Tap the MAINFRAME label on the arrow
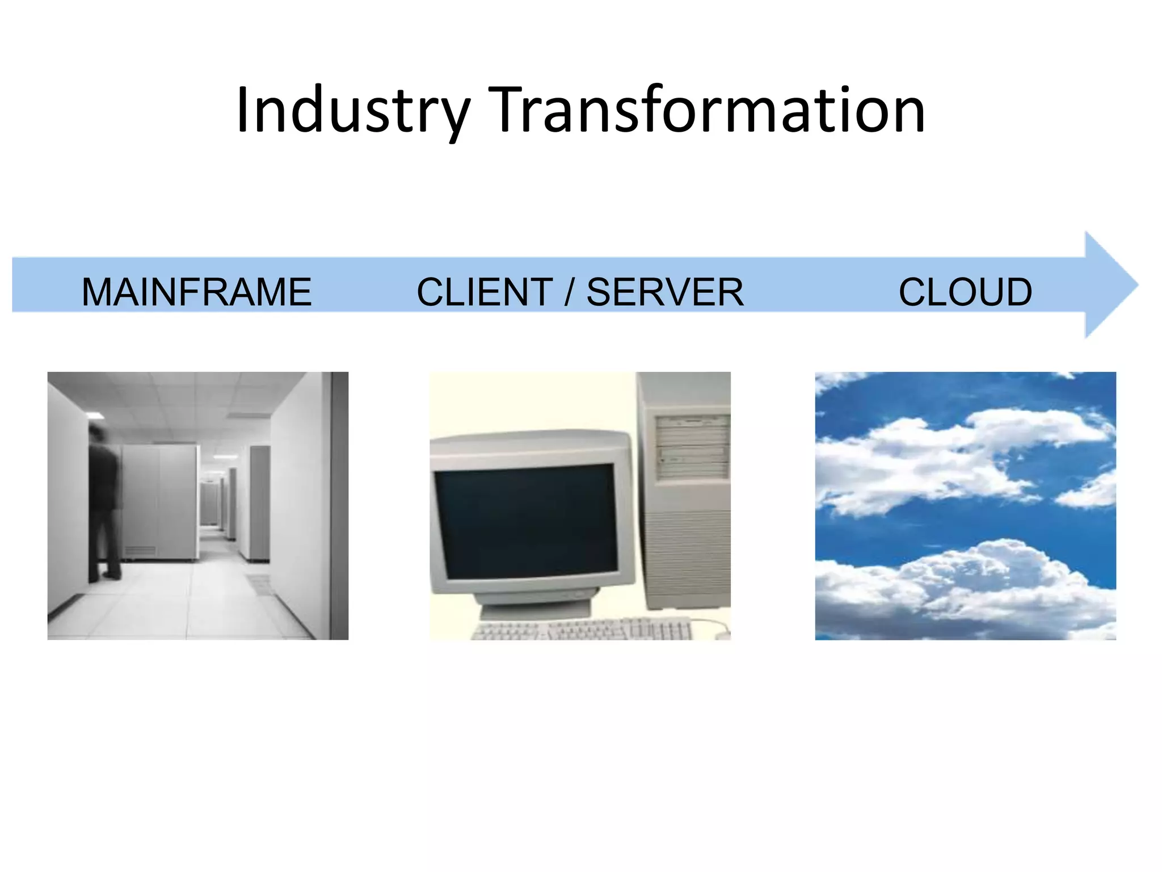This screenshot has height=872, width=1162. [x=196, y=292]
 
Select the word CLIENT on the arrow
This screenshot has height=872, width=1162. [x=485, y=292]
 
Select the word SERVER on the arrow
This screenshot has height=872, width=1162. [x=664, y=292]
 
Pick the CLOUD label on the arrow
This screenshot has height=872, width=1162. [x=965, y=292]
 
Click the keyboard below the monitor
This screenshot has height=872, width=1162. [x=582, y=629]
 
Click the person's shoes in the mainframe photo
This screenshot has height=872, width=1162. [x=111, y=575]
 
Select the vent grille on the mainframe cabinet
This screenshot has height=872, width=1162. [x=140, y=551]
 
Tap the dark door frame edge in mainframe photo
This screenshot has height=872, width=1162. [x=339, y=505]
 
